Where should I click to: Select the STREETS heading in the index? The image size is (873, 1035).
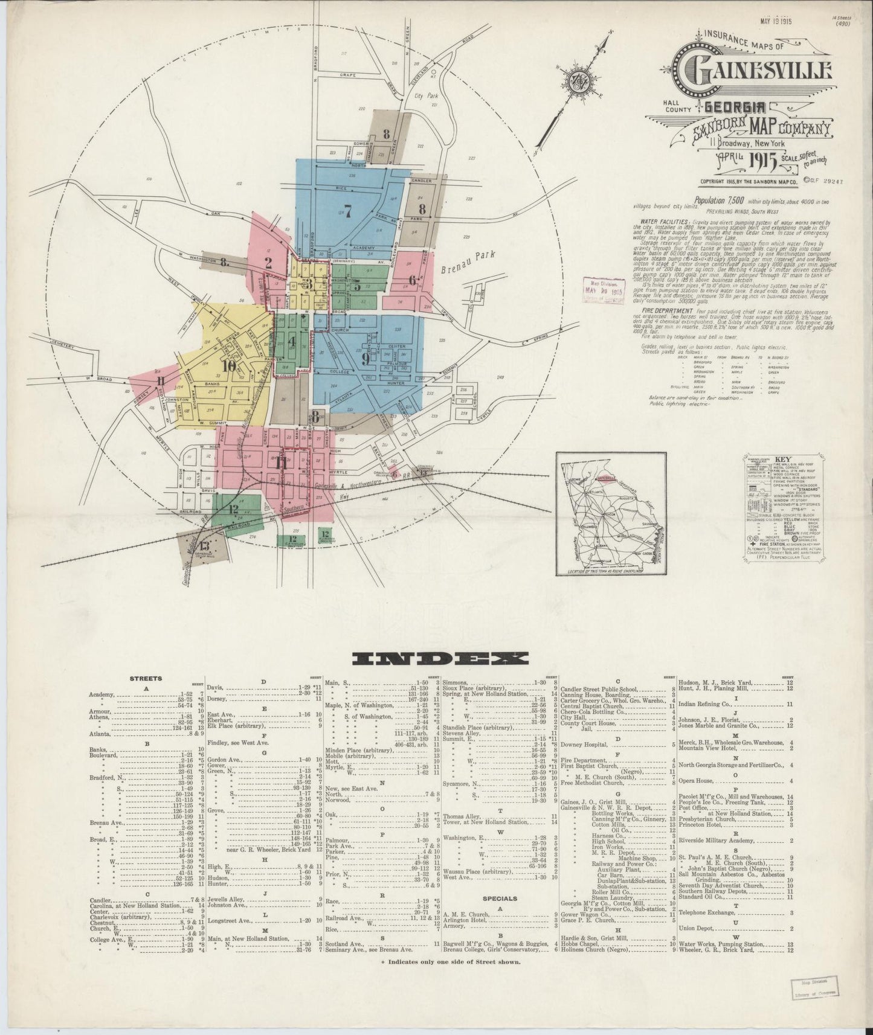click(145, 679)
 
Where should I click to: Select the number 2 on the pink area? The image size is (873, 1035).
click(268, 262)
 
